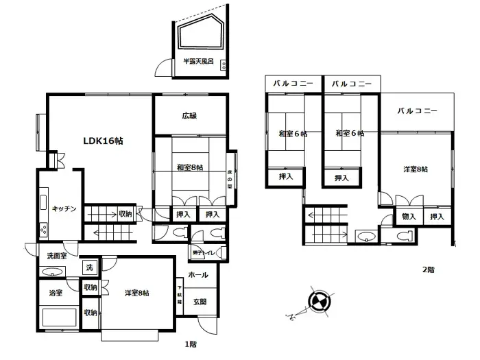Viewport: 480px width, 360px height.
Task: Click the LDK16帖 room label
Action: click(x=103, y=141)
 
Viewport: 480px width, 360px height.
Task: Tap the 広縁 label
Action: click(x=190, y=116)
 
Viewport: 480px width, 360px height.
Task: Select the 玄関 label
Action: click(x=200, y=301)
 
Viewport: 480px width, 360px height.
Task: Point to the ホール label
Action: click(x=198, y=275)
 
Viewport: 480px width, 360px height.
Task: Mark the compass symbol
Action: click(x=320, y=302)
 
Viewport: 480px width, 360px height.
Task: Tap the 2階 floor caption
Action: click(x=427, y=270)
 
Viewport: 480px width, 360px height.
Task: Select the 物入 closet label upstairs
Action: click(x=408, y=217)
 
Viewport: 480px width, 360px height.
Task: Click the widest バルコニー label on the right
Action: click(x=416, y=110)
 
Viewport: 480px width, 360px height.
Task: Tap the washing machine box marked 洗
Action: click(x=90, y=267)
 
